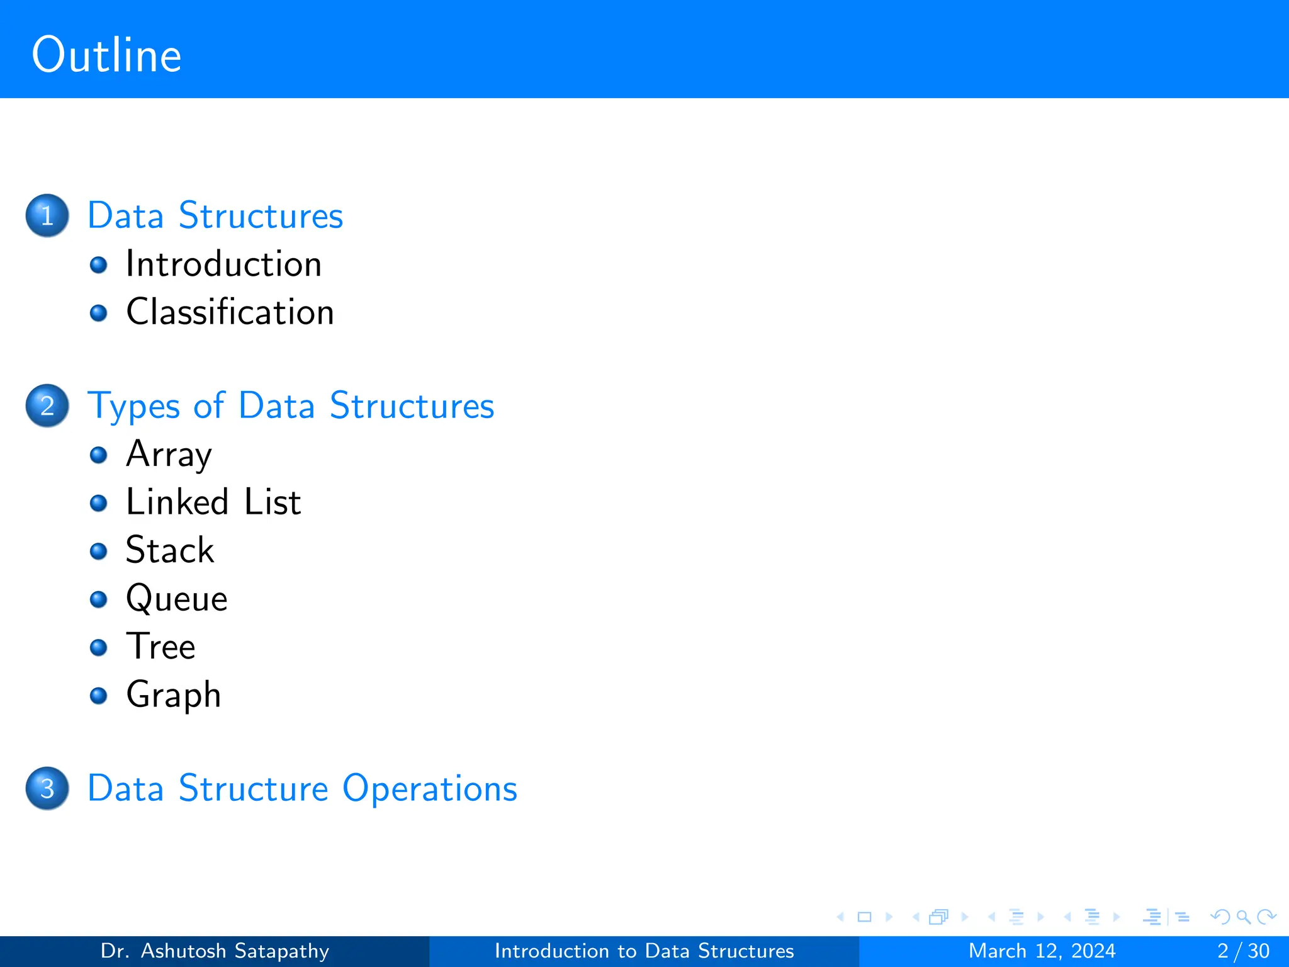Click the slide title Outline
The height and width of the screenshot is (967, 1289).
[106, 55]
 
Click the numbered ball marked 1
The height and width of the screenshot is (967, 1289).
[47, 215]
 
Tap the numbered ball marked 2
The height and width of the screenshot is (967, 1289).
[47, 405]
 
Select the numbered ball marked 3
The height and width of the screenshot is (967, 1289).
[47, 788]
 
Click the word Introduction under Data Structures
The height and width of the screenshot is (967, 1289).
[223, 264]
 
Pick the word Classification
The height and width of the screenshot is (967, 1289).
[230, 312]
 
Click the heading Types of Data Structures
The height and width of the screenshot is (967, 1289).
[291, 405]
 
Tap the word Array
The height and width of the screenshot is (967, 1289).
[169, 455]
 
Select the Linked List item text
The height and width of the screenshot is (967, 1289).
[213, 502]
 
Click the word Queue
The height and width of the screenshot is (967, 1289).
[176, 599]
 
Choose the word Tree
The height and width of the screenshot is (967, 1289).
[160, 647]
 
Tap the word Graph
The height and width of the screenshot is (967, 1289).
[174, 695]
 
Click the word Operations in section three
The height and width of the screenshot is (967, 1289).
[429, 788]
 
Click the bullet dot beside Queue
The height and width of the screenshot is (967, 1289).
[98, 599]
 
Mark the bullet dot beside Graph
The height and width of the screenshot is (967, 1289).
[98, 695]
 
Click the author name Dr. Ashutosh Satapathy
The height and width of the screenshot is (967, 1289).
[215, 951]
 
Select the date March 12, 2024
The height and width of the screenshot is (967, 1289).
[1042, 951]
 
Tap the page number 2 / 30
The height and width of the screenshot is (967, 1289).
[1243, 951]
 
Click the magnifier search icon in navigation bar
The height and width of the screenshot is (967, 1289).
[1243, 917]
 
